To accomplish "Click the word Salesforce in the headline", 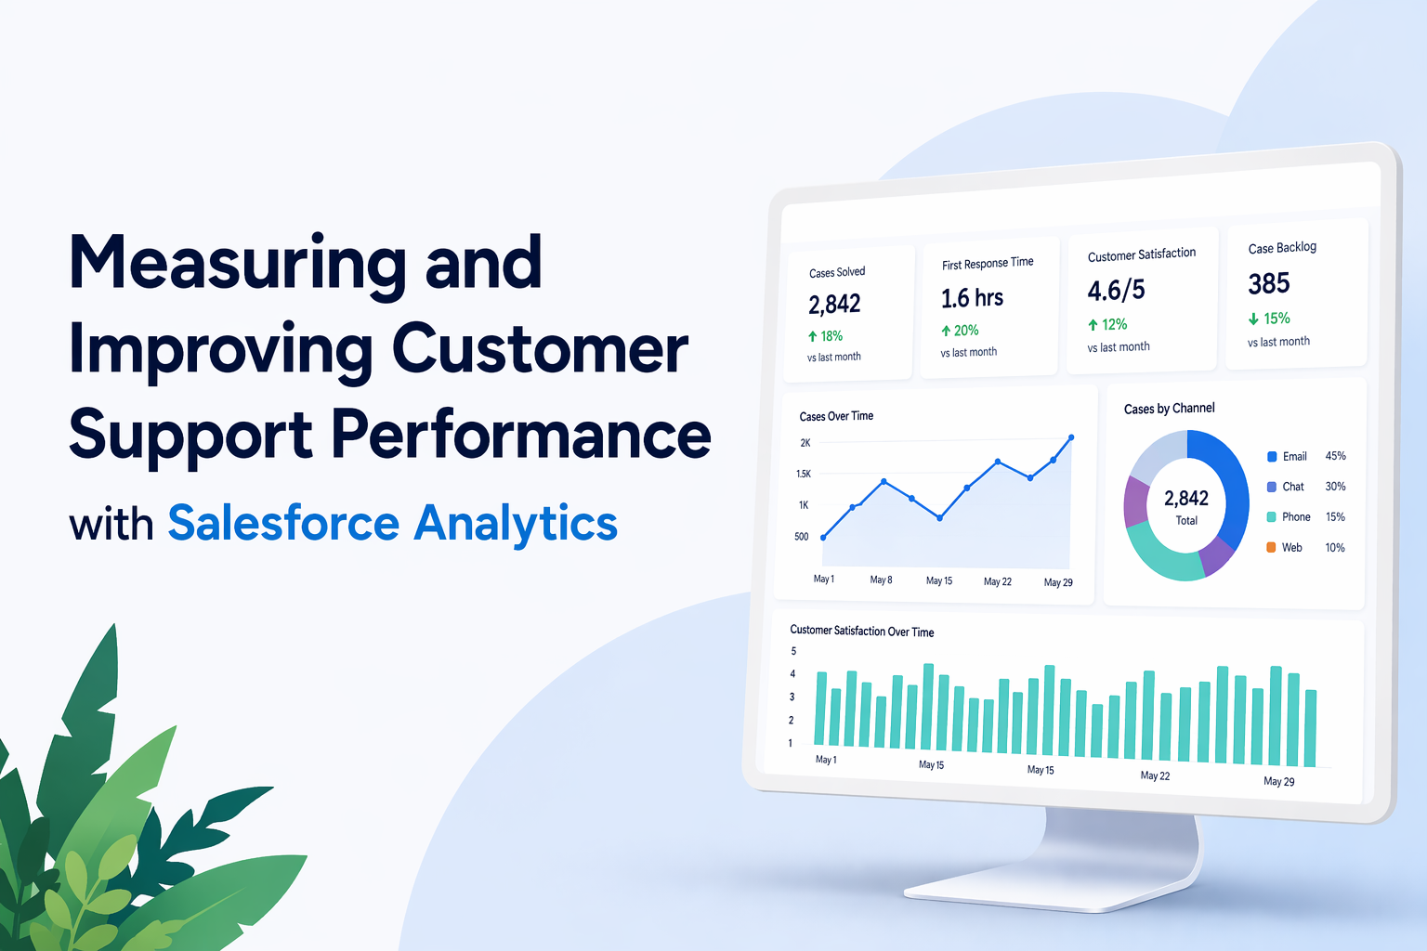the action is point(283,523).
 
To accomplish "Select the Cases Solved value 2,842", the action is point(834,305).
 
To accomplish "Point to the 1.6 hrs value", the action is point(972,298).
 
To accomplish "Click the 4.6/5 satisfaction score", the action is point(1116,291).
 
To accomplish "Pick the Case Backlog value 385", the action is point(1268,284).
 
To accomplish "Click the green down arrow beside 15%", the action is point(1253,319).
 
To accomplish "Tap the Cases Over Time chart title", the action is point(836,416).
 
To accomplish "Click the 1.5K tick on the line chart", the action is point(804,474).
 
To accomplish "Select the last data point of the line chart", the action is point(1071,437).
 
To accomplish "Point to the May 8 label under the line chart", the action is point(881,580).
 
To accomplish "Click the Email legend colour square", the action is point(1272,456).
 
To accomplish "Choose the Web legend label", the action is point(1292,547).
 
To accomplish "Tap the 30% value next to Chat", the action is point(1335,487).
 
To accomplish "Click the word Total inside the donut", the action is point(1186,520).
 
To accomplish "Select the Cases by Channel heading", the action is point(1169,409).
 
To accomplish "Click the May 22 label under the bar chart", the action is point(1155,775).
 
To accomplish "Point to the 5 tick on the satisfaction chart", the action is point(793,651).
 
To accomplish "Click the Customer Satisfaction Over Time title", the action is point(862,631).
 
